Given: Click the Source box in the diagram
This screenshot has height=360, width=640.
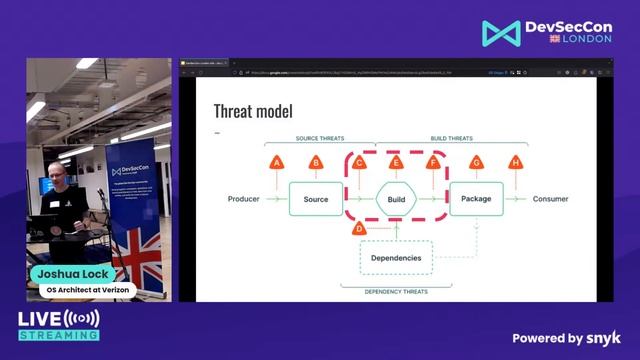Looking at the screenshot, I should [315, 199].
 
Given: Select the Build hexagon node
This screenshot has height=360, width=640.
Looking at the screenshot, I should [396, 199].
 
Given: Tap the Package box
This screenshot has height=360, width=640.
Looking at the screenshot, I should [476, 199].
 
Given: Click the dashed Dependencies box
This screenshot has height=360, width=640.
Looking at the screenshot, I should [396, 258].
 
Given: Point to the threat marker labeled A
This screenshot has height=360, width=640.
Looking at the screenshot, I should [277, 162].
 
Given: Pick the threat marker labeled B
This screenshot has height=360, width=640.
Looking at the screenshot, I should [316, 162].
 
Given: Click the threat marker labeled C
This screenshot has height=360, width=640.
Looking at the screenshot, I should [359, 162].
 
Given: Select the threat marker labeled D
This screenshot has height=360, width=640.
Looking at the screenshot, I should [359, 228].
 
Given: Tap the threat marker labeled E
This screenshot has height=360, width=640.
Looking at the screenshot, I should [396, 162].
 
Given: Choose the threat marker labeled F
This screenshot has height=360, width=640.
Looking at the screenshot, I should [433, 162].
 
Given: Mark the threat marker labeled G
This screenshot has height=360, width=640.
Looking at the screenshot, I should [476, 162].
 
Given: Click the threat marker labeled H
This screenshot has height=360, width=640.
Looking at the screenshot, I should [516, 162].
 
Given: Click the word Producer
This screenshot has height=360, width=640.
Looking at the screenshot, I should [243, 199].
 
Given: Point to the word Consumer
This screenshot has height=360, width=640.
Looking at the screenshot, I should [550, 199].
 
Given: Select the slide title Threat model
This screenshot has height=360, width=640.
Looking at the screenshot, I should [253, 111].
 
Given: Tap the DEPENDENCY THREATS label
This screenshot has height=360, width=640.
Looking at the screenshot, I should [384, 291].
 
